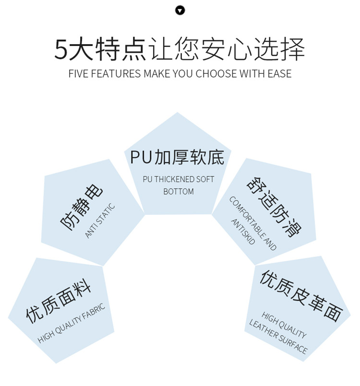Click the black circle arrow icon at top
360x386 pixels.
180,10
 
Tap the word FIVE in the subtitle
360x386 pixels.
78,74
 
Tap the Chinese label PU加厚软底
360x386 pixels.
177,157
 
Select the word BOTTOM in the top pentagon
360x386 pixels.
179,192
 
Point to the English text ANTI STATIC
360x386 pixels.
100,221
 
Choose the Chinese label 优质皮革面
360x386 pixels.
301,295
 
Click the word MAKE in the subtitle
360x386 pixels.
156,74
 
